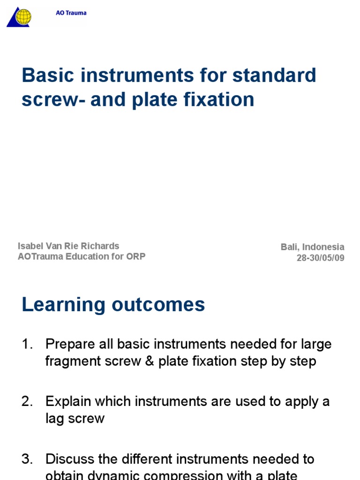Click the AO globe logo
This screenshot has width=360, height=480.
(x=21, y=17)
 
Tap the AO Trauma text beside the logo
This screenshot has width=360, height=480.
(x=71, y=13)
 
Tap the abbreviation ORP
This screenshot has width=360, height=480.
(x=135, y=256)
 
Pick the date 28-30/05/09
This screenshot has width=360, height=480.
(x=321, y=258)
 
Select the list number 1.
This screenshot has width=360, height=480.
(x=27, y=345)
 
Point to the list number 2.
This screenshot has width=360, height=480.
(x=27, y=402)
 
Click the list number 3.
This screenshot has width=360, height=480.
(x=27, y=459)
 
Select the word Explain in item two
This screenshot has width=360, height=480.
(x=67, y=402)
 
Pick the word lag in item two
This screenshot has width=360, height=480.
(x=54, y=419)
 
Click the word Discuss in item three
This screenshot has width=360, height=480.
(x=69, y=459)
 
